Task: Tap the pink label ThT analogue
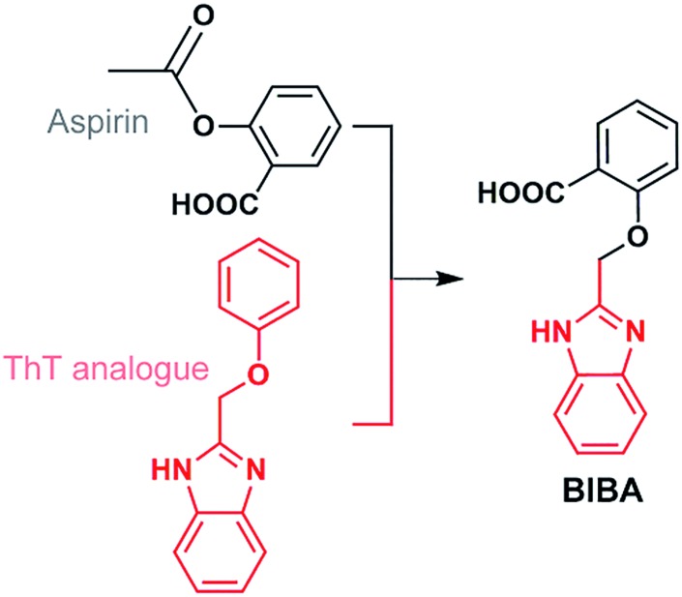(x=90, y=369)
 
